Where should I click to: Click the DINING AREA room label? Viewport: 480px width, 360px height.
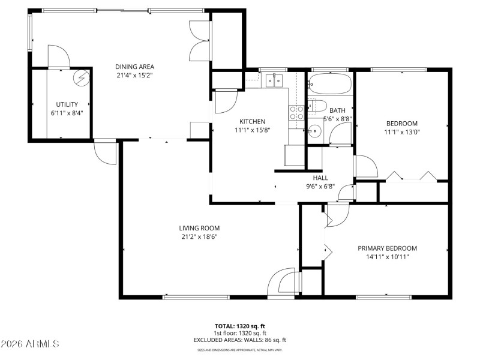pyautogui.click(x=135, y=67)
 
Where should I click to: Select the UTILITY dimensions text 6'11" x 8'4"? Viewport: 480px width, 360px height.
pyautogui.click(x=67, y=113)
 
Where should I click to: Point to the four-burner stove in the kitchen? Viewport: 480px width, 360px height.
pyautogui.click(x=296, y=112)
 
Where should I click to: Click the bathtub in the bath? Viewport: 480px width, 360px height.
pyautogui.click(x=329, y=84)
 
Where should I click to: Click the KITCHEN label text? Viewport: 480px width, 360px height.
pyautogui.click(x=252, y=121)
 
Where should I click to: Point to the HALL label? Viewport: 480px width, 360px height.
pyautogui.click(x=320, y=178)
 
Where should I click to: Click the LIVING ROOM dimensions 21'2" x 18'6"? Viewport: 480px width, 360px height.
pyautogui.click(x=199, y=236)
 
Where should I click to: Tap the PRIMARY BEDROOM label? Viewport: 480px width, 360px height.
pyautogui.click(x=387, y=248)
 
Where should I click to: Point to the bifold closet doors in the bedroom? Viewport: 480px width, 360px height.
pyautogui.click(x=410, y=176)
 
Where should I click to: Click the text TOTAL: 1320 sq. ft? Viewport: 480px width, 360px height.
pyautogui.click(x=239, y=326)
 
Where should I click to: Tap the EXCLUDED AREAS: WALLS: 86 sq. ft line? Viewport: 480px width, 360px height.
pyautogui.click(x=239, y=340)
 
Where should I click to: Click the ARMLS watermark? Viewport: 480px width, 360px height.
pyautogui.click(x=30, y=344)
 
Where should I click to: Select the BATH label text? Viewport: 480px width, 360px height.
pyautogui.click(x=337, y=110)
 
